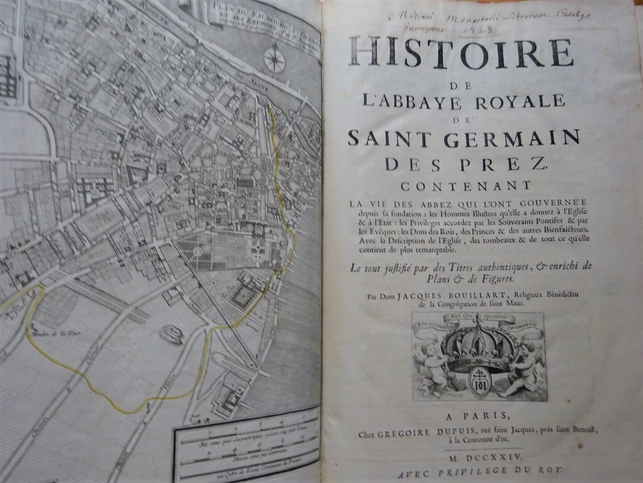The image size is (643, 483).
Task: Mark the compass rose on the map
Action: [271, 59]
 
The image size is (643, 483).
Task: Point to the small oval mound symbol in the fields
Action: [170, 331]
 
